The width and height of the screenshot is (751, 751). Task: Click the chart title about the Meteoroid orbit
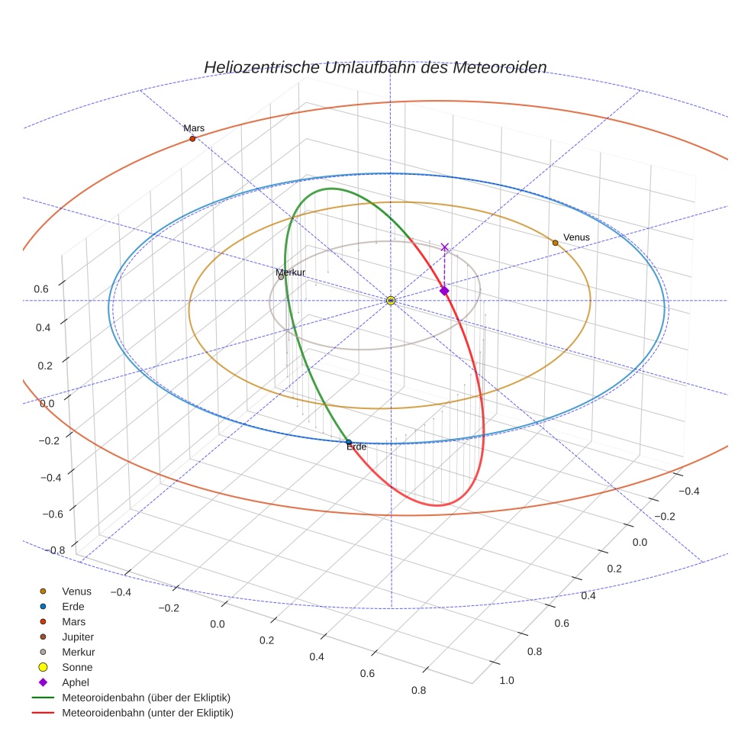[375, 67]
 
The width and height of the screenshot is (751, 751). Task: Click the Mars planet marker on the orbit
[192, 139]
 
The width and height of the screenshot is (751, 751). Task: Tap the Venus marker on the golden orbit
[555, 243]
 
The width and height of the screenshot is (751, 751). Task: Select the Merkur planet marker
[281, 277]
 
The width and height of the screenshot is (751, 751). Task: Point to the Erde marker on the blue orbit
[349, 442]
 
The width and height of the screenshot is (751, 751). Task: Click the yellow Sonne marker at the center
[390, 301]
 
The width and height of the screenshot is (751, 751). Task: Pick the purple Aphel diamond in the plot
[444, 291]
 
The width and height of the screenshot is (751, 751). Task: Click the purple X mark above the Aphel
[445, 247]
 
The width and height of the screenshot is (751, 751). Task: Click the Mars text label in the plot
[194, 128]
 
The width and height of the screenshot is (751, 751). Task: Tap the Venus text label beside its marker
[576, 237]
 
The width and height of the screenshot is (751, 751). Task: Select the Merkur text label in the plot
[290, 272]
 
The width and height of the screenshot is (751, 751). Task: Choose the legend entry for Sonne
[77, 667]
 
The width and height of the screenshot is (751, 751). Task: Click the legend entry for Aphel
[76, 682]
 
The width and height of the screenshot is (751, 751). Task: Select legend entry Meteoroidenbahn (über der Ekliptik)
[146, 698]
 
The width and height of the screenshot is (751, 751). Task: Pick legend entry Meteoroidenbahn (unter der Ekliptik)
[147, 713]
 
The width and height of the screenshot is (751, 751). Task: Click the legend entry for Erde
[73, 606]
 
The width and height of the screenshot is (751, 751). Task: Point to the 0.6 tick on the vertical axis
[40, 288]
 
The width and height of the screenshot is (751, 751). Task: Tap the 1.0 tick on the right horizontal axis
[508, 680]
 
